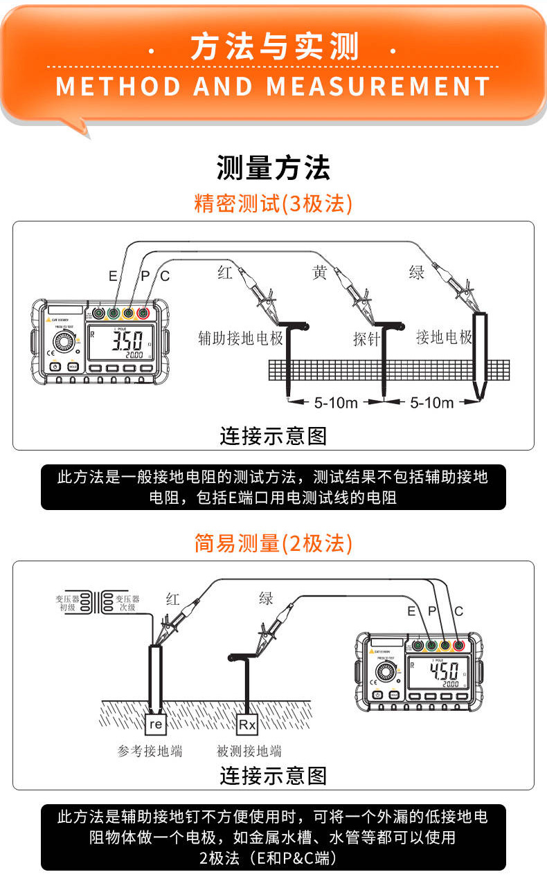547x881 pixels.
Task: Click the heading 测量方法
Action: tap(273, 168)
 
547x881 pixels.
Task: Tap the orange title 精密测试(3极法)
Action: tap(273, 204)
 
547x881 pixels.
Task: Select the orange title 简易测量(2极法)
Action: tap(273, 544)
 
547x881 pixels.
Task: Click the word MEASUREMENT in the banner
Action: tap(378, 87)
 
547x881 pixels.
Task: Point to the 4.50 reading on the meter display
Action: tap(444, 671)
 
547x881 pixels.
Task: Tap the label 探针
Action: tap(367, 339)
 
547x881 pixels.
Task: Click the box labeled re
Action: tap(156, 725)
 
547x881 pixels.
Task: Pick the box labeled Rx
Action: tap(247, 725)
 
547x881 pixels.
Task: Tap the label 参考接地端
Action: tap(150, 751)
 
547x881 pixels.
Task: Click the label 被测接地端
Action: tap(249, 751)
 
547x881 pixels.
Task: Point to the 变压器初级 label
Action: tap(67, 602)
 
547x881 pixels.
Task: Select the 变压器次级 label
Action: tap(127, 602)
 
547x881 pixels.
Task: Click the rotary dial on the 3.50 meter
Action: tap(65, 344)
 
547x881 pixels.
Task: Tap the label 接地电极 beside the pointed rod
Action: tap(444, 338)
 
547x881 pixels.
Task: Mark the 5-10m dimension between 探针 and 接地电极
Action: tap(431, 403)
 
